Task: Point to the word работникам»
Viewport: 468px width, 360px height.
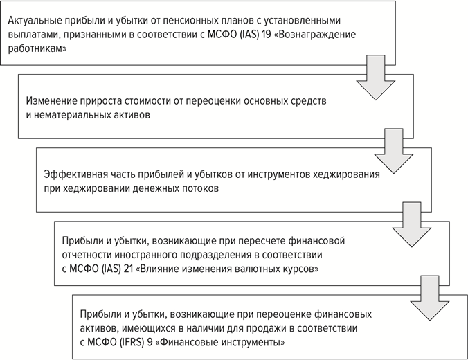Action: (x=37, y=49)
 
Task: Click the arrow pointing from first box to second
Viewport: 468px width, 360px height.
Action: (x=376, y=78)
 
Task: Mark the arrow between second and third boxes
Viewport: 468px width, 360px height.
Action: (x=394, y=151)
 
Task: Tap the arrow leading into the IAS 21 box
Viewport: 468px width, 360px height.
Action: (x=412, y=224)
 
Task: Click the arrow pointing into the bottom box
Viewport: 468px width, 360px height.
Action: (x=429, y=298)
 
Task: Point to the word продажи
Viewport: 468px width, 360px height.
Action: (x=253, y=328)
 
